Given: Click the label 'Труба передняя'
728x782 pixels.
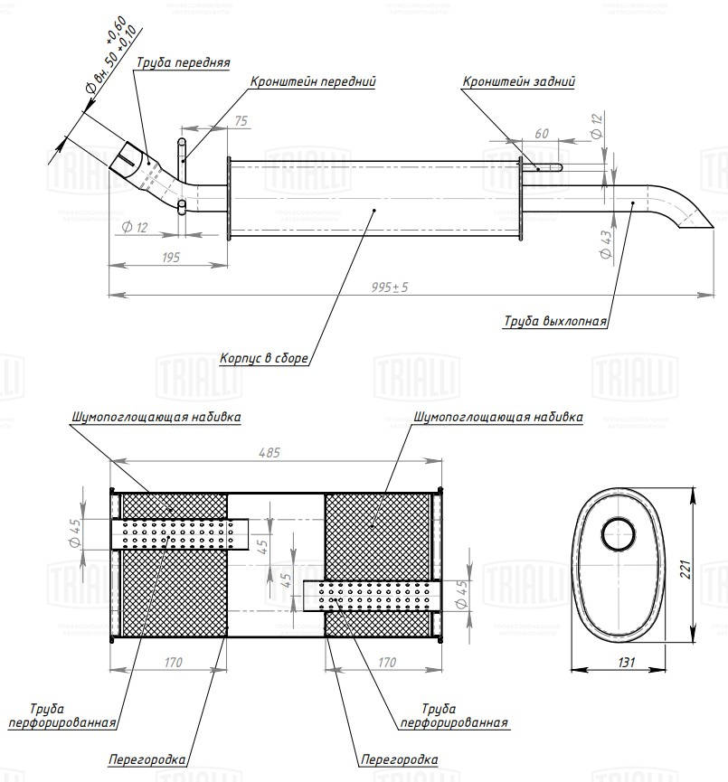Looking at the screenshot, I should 183,63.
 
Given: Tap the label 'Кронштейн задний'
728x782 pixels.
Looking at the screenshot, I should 518,81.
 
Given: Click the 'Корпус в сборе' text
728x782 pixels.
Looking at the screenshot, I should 264,358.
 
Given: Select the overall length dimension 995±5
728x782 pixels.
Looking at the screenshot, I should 390,287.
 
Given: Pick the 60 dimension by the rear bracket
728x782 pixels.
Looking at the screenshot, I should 542,133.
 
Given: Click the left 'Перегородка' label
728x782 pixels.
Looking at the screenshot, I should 147,760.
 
